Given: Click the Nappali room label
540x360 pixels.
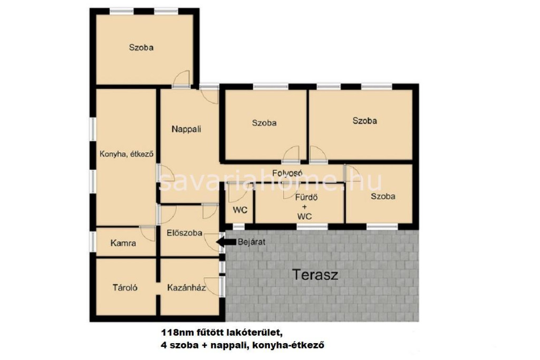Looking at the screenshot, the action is (186, 130).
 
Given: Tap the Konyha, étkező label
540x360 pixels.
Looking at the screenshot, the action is (127, 154).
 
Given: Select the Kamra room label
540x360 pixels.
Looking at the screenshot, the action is (123, 244).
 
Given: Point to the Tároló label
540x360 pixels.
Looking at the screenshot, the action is (125, 287).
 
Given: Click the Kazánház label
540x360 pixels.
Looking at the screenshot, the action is (186, 287).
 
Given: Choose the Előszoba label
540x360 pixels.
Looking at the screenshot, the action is (184, 233).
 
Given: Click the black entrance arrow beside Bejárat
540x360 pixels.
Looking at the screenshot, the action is (226, 242).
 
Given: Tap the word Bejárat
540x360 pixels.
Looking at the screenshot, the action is (252, 242).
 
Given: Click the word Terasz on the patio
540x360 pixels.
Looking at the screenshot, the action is (315, 275).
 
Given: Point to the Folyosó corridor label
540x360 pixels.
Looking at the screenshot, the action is (287, 172).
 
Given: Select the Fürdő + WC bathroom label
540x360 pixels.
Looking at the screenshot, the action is (304, 207).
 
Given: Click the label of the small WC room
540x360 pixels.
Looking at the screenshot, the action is (240, 210).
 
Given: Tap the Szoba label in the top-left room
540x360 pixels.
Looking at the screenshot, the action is (141, 47).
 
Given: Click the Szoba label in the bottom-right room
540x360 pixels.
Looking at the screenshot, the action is (383, 196).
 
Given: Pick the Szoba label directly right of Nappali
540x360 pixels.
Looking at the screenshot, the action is (264, 123).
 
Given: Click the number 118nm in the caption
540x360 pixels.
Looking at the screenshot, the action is (175, 333).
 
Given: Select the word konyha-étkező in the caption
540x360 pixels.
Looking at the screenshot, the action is (288, 345).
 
